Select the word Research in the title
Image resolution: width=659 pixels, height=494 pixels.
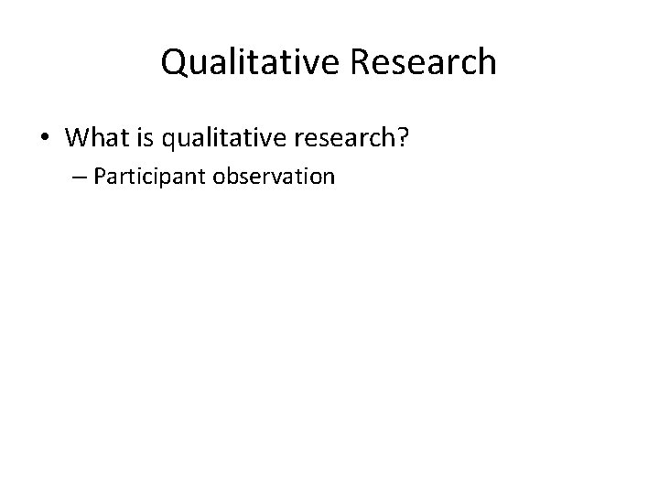[423, 62]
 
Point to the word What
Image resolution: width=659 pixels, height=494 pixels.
[97, 137]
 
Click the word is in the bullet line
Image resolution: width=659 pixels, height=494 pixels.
[146, 137]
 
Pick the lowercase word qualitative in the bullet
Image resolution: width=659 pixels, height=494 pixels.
[220, 137]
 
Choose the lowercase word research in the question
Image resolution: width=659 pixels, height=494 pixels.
[339, 137]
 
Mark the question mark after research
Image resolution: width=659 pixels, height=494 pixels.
[400, 137]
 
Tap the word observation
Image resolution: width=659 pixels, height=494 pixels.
[274, 177]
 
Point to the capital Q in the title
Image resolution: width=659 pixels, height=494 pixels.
[174, 62]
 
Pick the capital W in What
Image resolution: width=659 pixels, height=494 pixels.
[77, 137]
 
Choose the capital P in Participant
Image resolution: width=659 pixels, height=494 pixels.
[98, 177]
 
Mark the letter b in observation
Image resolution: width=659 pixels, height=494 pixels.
[229, 177]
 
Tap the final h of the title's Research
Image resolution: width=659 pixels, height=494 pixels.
[487, 62]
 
